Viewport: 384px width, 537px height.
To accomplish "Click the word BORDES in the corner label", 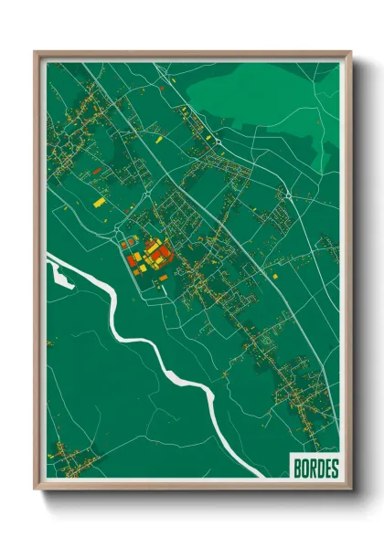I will coord(315,469).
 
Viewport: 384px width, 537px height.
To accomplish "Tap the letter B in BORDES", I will coord(297,469).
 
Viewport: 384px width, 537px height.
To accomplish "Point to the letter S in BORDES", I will coord(334,469).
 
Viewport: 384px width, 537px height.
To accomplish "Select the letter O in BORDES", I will coord(304,469).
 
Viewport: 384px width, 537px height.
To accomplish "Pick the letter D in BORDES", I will coord(319,469).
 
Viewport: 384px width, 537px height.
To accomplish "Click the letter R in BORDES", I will coord(312,469).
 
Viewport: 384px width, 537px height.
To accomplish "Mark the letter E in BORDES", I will coord(326,469).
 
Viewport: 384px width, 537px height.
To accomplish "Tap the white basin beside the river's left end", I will coord(59,273).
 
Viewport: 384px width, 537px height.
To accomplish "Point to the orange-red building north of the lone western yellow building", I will coord(92,172).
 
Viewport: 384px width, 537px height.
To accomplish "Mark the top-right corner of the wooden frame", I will coord(349,53).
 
